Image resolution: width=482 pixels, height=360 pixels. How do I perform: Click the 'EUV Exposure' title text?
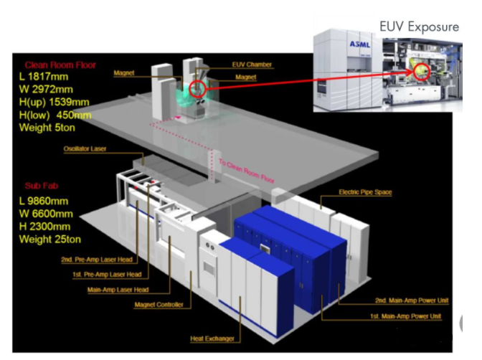419,27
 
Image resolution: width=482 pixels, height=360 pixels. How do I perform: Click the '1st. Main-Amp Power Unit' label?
405,316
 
